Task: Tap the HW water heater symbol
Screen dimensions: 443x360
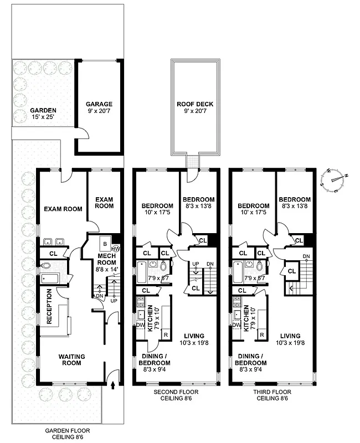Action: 115,249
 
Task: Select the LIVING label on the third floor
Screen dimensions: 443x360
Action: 290,336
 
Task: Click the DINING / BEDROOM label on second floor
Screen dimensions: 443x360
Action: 155,359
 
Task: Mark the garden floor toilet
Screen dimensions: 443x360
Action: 46,265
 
